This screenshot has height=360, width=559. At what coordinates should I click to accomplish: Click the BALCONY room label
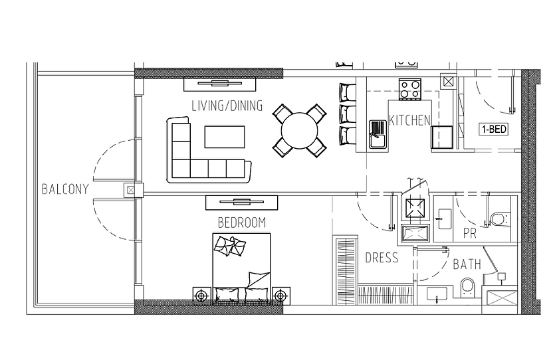tap(65, 189)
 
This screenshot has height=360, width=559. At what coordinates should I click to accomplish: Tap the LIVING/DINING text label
tap(227, 106)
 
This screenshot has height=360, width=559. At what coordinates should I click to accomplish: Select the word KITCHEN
tap(409, 120)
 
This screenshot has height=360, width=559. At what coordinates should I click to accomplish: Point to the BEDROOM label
tap(242, 223)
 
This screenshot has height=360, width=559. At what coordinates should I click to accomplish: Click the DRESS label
tap(382, 258)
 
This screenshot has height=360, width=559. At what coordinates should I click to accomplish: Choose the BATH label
tap(467, 264)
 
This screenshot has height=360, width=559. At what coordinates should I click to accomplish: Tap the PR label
tap(470, 234)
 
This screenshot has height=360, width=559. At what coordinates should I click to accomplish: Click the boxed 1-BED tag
tap(494, 129)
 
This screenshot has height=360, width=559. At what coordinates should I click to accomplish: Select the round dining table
tap(300, 131)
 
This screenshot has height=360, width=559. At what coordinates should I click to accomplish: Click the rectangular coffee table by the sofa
tap(225, 137)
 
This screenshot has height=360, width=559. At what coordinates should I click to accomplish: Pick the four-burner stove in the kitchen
tap(410, 88)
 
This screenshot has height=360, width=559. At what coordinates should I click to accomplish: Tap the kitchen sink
tap(378, 134)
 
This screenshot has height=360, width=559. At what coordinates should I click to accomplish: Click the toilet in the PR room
tap(501, 219)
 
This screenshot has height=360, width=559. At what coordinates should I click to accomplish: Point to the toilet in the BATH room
tap(467, 288)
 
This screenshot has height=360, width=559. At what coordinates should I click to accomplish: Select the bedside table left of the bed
tap(202, 296)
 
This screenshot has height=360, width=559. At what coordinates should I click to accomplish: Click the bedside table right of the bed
tap(281, 296)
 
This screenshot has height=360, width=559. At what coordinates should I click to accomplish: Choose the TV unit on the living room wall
tap(220, 84)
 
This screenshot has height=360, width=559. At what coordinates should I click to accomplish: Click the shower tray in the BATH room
tap(499, 297)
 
